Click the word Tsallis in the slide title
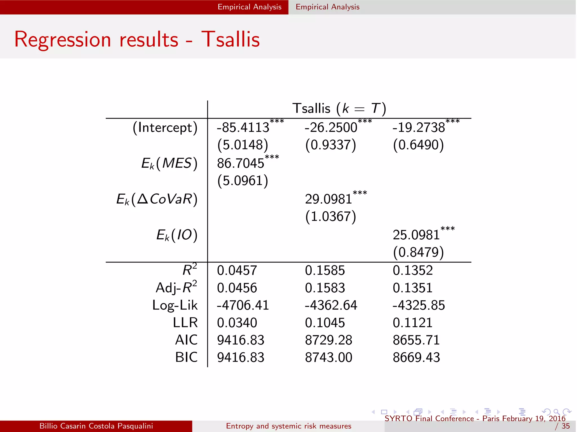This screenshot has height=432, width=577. [230, 39]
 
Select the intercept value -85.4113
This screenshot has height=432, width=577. [243, 128]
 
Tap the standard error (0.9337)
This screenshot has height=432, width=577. [331, 145]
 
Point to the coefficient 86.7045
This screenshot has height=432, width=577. [241, 163]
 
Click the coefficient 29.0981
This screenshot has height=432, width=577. [329, 199]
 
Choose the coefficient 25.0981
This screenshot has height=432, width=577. [416, 235]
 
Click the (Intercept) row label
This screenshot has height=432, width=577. [165, 128]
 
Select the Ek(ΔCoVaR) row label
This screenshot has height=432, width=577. [157, 199]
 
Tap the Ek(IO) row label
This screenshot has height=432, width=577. [177, 235]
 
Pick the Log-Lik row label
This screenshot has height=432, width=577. [175, 305]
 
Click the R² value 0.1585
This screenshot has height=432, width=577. [325, 271]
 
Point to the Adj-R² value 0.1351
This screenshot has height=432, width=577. [412, 288]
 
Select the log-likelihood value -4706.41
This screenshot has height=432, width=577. [243, 305]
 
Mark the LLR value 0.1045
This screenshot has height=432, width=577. [325, 323]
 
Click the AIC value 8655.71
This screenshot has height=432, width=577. [416, 340]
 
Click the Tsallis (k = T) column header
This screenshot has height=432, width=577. [339, 109]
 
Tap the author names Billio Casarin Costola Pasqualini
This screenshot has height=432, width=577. [96, 426]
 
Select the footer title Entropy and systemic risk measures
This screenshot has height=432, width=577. [288, 426]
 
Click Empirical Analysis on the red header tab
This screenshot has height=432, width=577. [249, 7]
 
